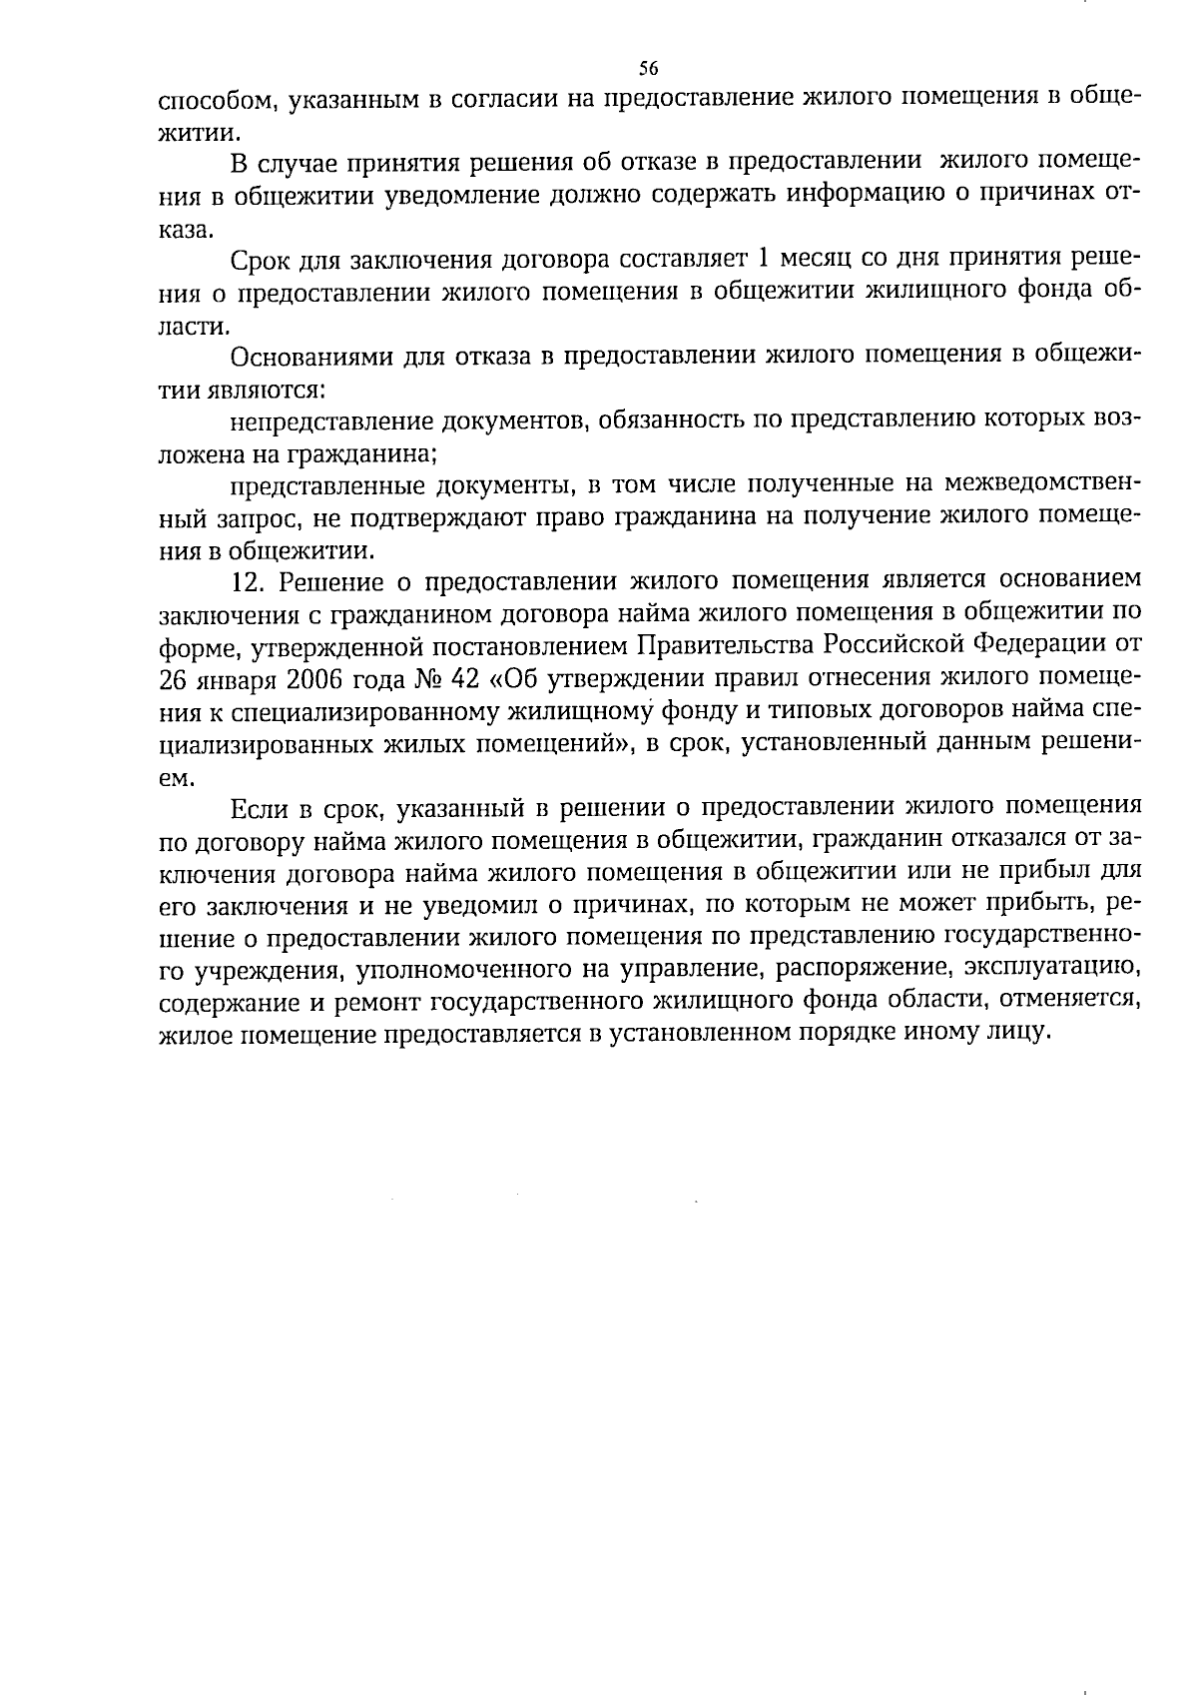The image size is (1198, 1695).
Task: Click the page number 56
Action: click(x=648, y=69)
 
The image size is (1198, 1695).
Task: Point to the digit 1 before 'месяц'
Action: click(x=765, y=261)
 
